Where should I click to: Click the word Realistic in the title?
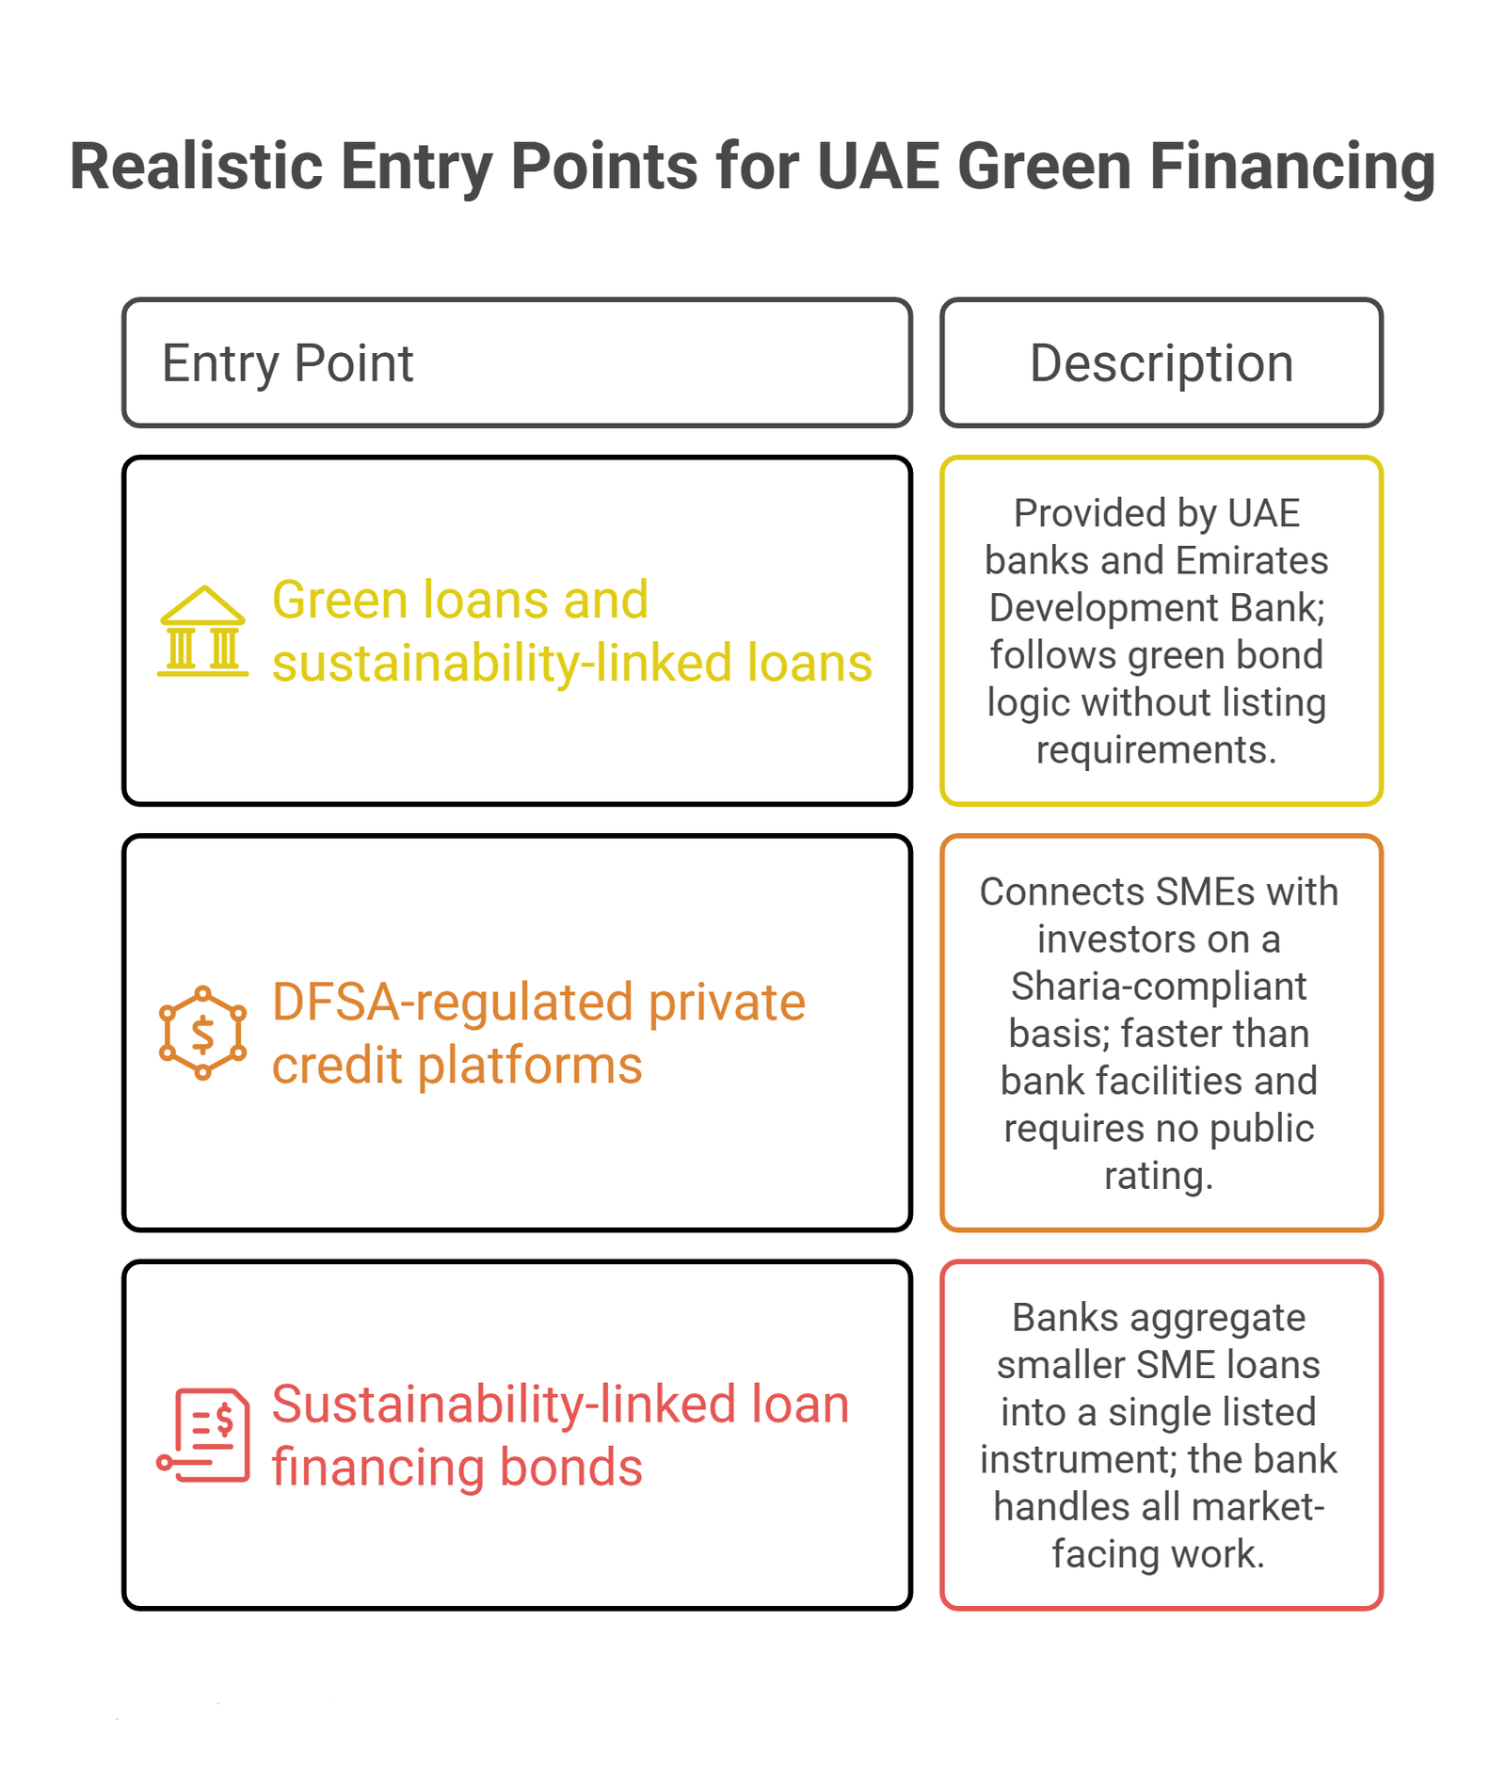[x=197, y=167]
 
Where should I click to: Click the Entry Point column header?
[x=288, y=363]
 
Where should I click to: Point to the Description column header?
[x=1162, y=363]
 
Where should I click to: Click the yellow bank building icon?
[x=203, y=631]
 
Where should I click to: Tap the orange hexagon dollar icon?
[x=203, y=1033]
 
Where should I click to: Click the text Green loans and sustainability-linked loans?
[x=572, y=631]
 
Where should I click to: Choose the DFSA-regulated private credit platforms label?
[x=538, y=1033]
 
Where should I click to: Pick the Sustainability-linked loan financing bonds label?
[x=561, y=1435]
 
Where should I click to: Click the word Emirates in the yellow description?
[x=1252, y=561]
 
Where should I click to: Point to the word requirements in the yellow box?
[x=1156, y=750]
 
